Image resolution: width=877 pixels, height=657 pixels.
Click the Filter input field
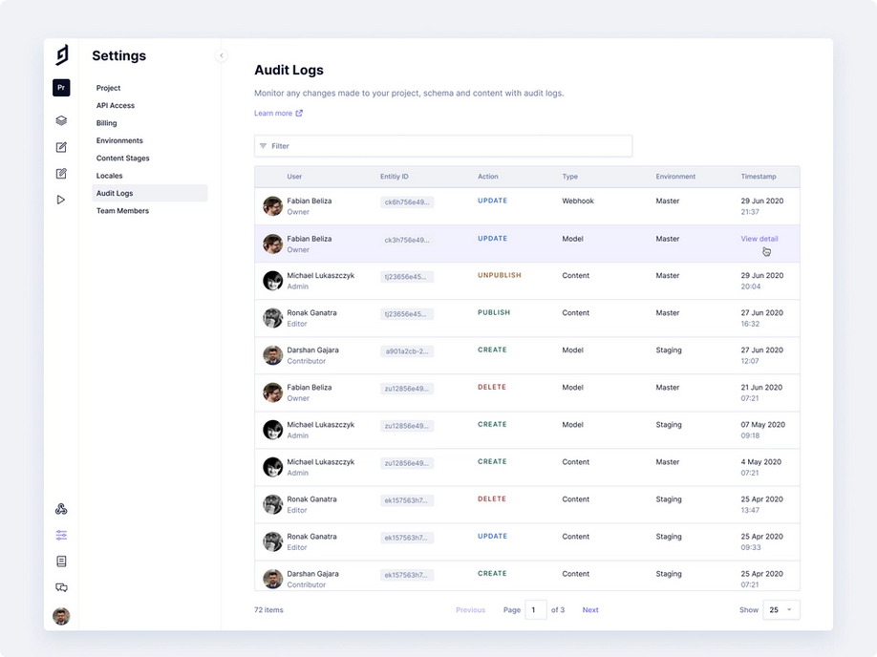coord(443,146)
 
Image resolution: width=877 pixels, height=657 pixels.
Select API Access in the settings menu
coord(116,106)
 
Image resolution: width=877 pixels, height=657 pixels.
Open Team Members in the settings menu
coord(122,211)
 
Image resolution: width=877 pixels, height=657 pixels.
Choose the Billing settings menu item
coord(107,123)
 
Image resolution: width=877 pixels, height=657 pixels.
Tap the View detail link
coord(759,239)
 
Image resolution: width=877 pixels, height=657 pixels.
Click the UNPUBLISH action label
coord(500,275)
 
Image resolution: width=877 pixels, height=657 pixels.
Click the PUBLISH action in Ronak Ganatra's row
coord(494,312)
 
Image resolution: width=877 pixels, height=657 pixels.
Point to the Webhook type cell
coord(578,201)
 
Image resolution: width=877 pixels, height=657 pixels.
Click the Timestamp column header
coord(759,177)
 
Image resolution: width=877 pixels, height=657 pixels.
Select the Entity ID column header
coord(394,177)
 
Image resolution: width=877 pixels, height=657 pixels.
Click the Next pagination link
coord(590,610)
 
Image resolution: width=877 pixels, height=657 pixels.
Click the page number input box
coord(536,610)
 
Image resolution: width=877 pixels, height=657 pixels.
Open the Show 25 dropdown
coord(781,610)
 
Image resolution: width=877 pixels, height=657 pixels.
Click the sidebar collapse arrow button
coord(222,55)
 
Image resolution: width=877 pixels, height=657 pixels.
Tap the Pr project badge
coord(61,88)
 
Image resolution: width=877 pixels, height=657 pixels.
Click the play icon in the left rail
coord(61,200)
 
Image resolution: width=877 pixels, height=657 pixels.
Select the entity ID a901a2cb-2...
coord(407,351)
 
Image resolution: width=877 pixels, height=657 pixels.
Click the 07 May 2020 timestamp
coord(763,425)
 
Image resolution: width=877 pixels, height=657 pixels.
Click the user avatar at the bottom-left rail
coord(61,616)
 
